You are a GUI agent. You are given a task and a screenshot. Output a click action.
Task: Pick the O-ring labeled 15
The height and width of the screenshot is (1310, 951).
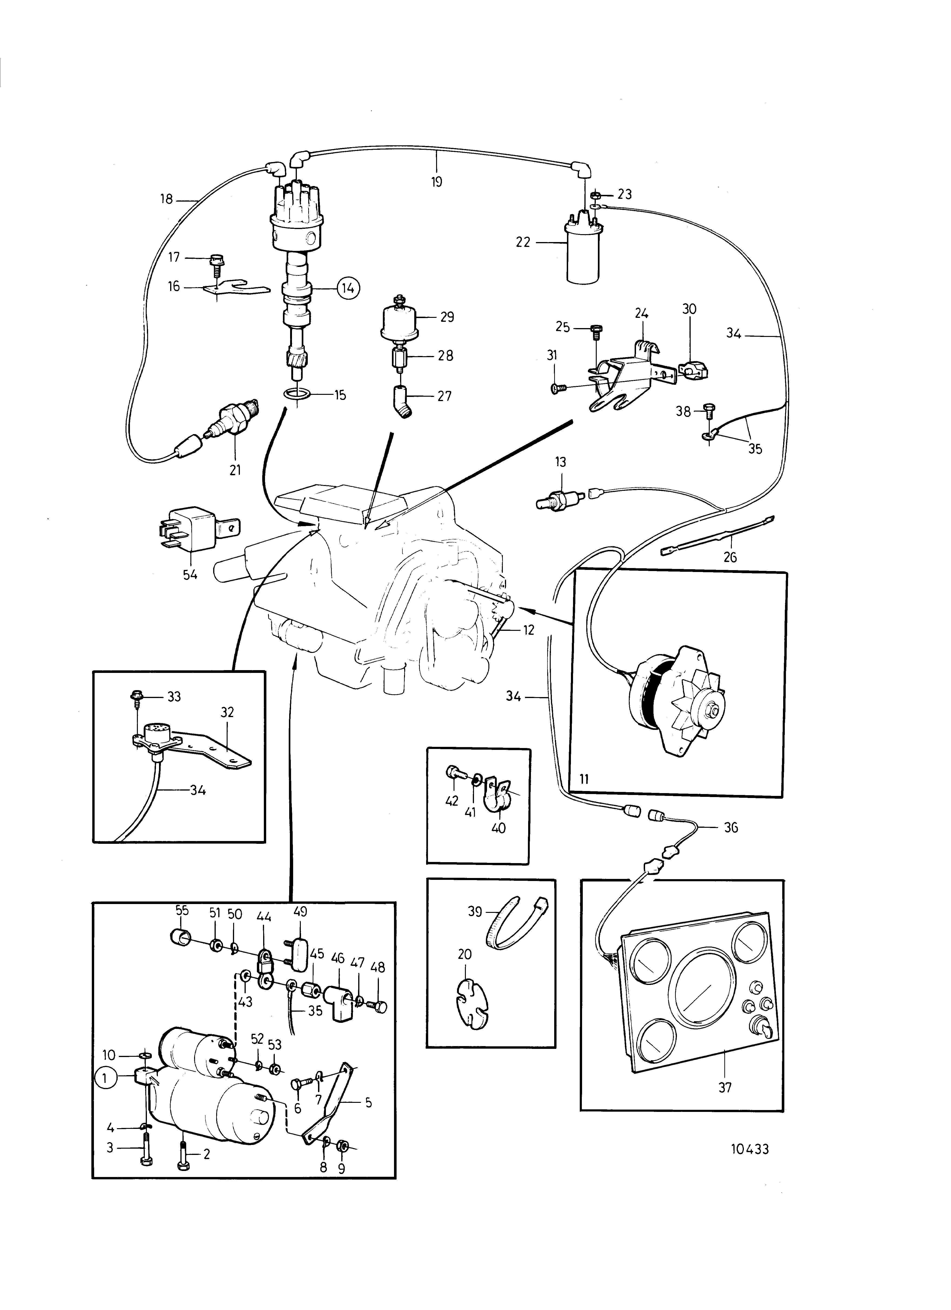(x=297, y=395)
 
